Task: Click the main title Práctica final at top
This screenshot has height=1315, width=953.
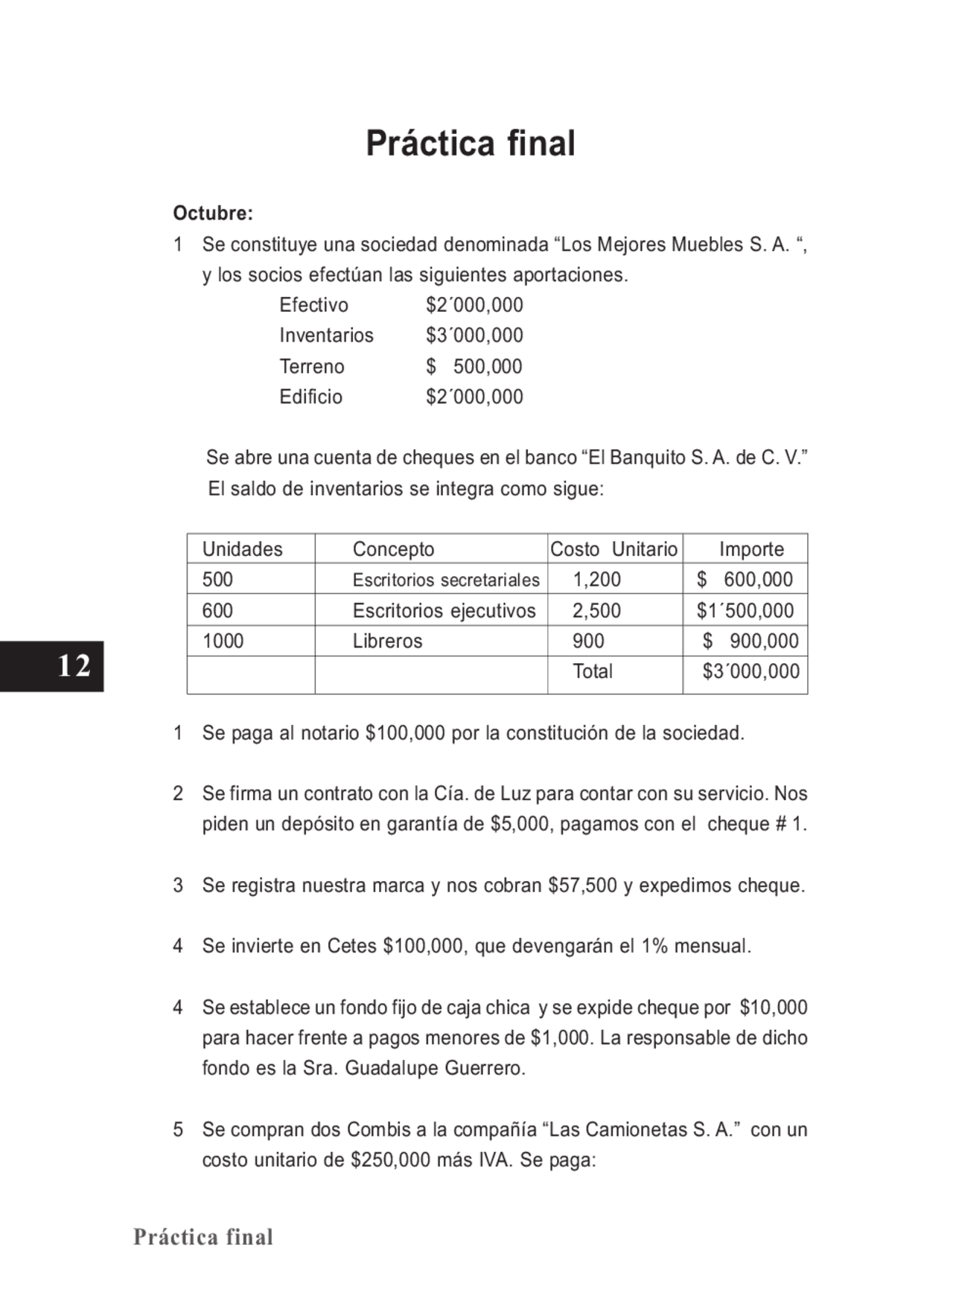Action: point(471,144)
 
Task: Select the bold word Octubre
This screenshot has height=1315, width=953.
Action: point(213,214)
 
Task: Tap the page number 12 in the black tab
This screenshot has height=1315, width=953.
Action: point(74,665)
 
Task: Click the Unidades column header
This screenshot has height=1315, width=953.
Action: point(243,549)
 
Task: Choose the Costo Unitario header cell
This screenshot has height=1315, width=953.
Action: point(614,549)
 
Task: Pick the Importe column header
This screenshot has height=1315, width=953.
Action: point(751,549)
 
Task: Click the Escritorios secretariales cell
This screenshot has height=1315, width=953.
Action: point(446,580)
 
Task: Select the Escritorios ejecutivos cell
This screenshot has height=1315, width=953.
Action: point(444,611)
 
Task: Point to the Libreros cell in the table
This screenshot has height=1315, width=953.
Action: point(387,641)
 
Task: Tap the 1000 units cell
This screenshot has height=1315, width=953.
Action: point(223,641)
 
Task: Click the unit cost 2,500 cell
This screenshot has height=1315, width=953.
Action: point(596,611)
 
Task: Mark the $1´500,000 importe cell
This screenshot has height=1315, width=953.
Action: point(745,611)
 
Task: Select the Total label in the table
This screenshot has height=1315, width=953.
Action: point(593,671)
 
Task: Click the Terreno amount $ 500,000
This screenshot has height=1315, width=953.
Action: point(474,367)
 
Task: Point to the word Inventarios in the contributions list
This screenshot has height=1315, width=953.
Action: point(326,336)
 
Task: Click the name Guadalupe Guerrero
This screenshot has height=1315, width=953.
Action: point(435,1069)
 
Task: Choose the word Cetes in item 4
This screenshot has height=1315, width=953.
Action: point(352,947)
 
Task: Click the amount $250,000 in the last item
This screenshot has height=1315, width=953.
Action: point(391,1160)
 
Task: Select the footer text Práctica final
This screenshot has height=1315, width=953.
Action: point(203,1237)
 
